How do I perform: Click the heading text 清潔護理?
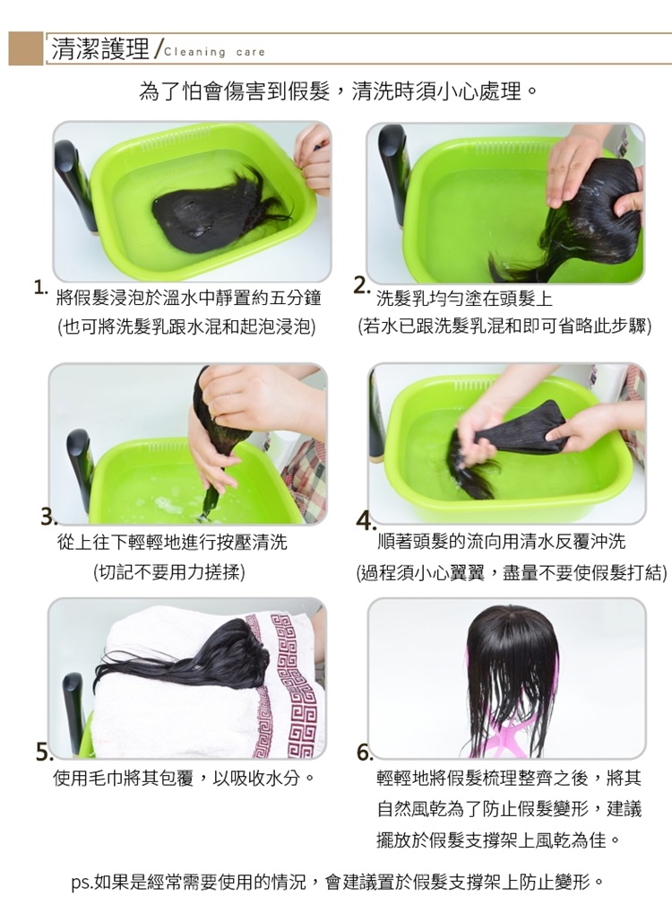click(100, 49)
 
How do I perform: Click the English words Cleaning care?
click(214, 52)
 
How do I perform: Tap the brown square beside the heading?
click(26, 48)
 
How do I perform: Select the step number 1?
click(39, 287)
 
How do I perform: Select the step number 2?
click(361, 286)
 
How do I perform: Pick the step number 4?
click(365, 520)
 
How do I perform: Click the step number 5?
click(44, 752)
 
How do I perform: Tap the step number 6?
click(365, 753)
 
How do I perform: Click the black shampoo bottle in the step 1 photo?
click(76, 187)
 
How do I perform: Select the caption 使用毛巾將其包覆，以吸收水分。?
click(184, 778)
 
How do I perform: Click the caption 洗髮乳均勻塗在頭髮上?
click(464, 299)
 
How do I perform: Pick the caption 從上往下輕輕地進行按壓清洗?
click(172, 542)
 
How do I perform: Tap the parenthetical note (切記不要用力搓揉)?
click(168, 572)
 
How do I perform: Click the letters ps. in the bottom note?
click(82, 883)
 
